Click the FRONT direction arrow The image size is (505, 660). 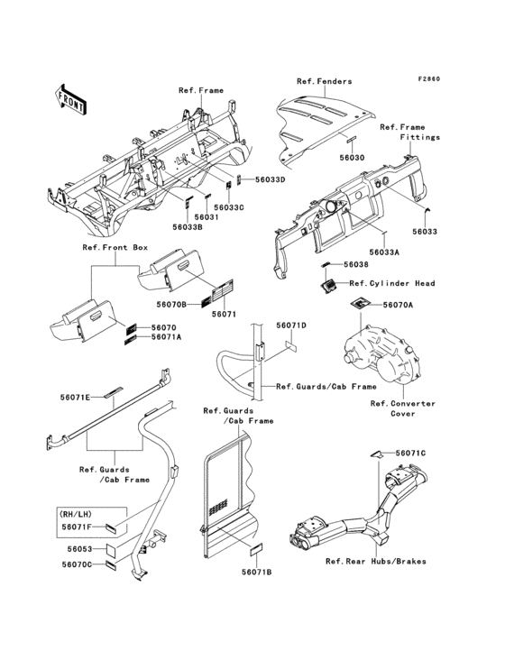(x=70, y=100)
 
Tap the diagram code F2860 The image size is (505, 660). (x=428, y=78)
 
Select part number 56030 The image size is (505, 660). (x=353, y=158)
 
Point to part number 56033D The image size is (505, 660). (x=271, y=179)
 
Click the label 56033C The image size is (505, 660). (x=229, y=207)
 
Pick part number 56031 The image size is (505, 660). (x=207, y=216)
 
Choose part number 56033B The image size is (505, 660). (x=188, y=227)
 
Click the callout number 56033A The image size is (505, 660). (x=384, y=252)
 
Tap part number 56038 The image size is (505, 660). (x=356, y=264)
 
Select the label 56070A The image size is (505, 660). (x=398, y=305)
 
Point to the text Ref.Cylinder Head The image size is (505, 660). (x=392, y=283)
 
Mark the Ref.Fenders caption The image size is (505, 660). (x=324, y=81)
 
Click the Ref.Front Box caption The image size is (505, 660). (x=115, y=247)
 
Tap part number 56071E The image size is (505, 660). (x=75, y=397)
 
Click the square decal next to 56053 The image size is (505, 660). (x=112, y=549)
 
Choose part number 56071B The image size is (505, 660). (x=257, y=572)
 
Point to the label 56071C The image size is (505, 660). (x=410, y=453)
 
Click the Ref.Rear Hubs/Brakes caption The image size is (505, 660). (x=376, y=561)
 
